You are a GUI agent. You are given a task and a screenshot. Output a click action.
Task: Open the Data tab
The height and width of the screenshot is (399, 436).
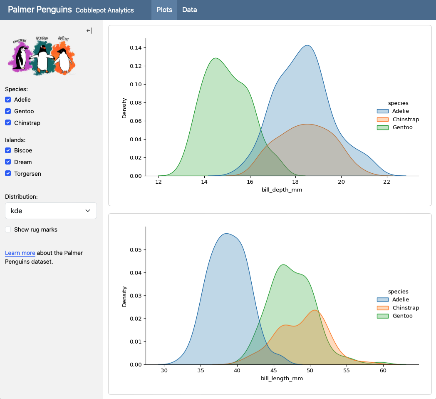(189, 10)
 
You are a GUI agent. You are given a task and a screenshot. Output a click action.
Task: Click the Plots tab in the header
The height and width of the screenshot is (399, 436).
(164, 10)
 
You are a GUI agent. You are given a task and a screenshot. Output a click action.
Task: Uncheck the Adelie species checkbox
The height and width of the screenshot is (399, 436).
(8, 100)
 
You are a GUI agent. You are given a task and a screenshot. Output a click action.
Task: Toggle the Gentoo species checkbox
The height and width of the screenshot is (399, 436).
(8, 111)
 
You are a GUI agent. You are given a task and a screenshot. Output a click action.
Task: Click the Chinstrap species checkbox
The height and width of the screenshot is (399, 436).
(8, 123)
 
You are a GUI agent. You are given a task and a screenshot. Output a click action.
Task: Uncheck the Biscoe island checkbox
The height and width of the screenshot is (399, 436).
(8, 150)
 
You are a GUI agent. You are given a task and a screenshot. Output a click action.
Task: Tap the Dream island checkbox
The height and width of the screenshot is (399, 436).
(8, 162)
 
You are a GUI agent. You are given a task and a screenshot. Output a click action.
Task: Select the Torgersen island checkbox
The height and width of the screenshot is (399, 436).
(8, 174)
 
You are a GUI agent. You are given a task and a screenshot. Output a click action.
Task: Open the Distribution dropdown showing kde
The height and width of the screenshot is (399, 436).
(51, 211)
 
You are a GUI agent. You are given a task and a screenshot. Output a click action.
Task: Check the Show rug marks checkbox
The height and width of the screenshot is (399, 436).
(8, 229)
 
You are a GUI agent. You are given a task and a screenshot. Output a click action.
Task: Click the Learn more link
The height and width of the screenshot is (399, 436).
(20, 253)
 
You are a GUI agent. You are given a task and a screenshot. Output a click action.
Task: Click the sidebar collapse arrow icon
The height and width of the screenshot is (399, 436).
(89, 30)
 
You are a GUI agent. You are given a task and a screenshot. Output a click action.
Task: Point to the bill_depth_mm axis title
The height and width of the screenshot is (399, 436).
(282, 190)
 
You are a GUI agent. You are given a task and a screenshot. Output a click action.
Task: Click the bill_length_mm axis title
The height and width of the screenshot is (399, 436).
(282, 379)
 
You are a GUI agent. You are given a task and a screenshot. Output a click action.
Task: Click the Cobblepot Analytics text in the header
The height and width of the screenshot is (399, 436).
(104, 10)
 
